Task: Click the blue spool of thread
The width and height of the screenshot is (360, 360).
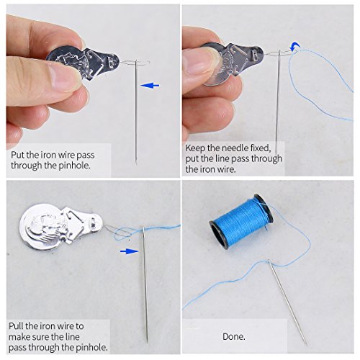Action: pos(241,221)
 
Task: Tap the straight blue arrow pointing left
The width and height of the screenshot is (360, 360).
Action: pos(150,85)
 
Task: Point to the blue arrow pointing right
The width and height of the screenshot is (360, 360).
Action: pos(129,251)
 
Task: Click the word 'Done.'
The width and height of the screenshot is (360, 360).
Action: pos(234,336)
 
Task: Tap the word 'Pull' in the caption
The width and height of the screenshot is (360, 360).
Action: pos(16,326)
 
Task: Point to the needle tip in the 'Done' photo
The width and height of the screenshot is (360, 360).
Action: pos(306,344)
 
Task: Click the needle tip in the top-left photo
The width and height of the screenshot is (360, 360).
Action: pos(136,163)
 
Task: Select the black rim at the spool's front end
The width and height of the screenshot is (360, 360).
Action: pos(219,235)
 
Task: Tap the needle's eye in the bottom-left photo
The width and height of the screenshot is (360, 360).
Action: pos(143,230)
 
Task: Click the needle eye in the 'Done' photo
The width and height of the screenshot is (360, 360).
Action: pos(269,262)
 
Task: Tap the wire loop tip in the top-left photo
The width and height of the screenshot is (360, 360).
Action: pos(149,63)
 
